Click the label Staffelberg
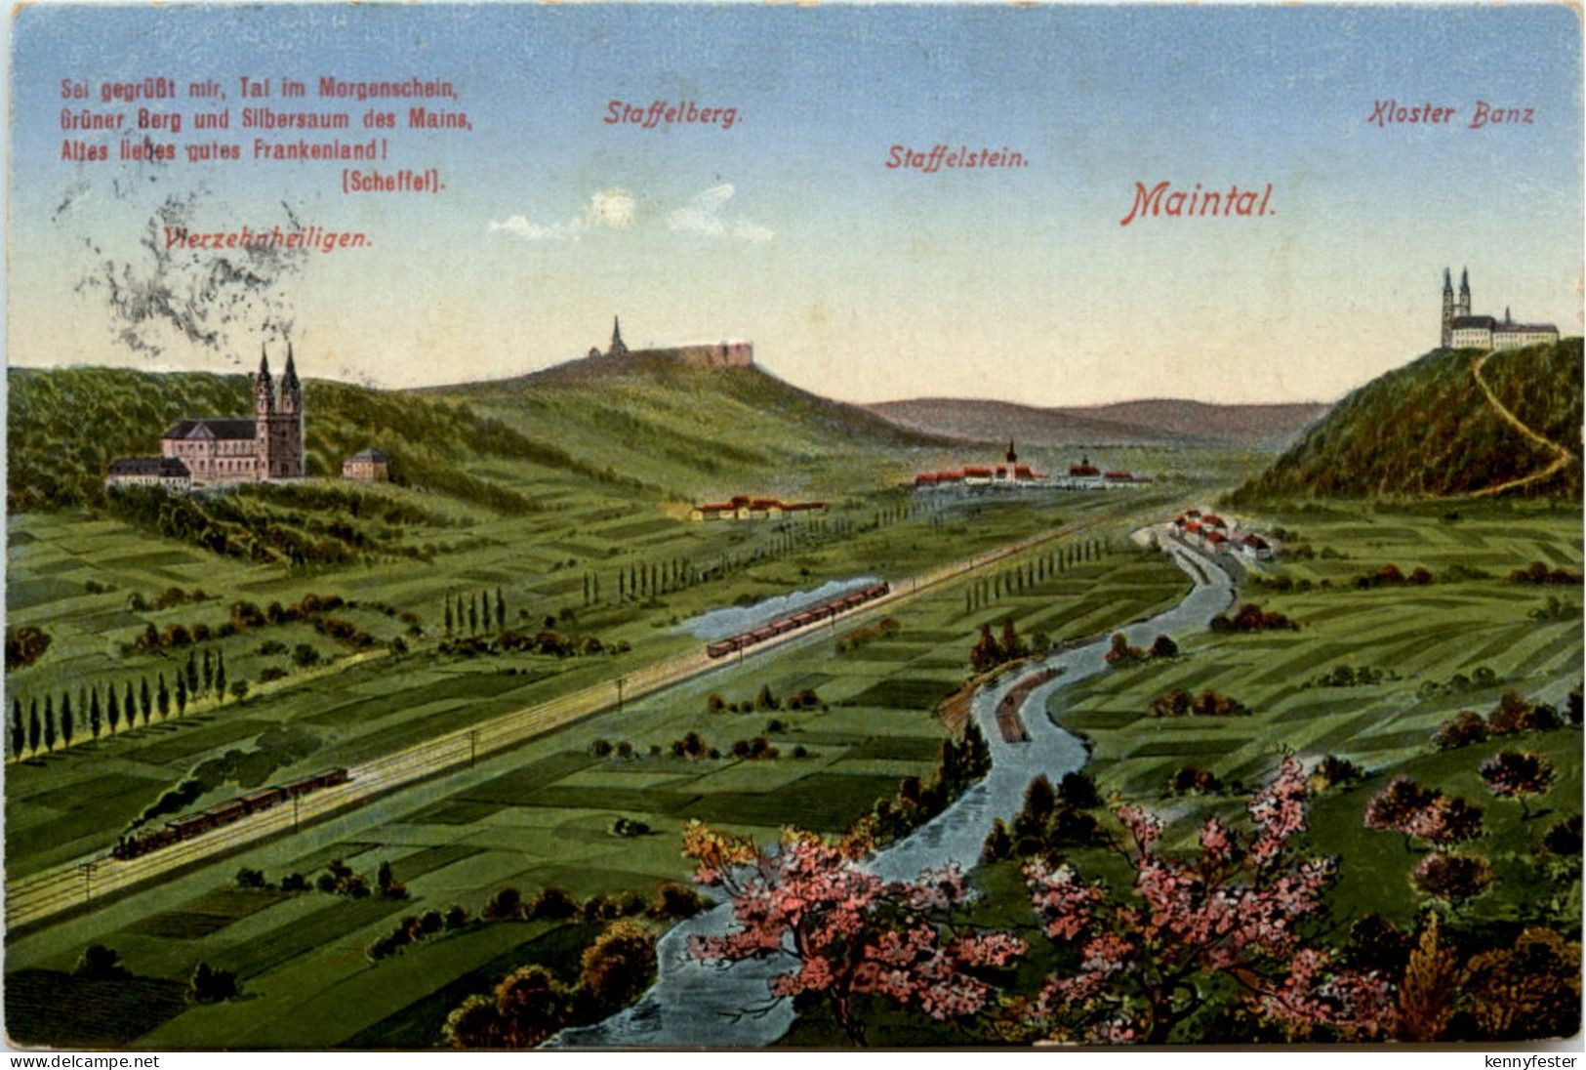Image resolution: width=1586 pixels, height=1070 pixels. click(673, 112)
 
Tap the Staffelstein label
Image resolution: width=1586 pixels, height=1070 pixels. click(956, 156)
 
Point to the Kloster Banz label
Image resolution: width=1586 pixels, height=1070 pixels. click(1448, 113)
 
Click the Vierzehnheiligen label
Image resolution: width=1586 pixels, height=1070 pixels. click(269, 237)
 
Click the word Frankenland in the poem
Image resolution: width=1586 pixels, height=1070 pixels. click(318, 150)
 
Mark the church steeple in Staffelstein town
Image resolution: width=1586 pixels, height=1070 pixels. click(1011, 456)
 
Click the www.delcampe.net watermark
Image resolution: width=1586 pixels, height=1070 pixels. click(80, 1060)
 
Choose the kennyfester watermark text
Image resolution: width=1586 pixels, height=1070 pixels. click(1529, 1060)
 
